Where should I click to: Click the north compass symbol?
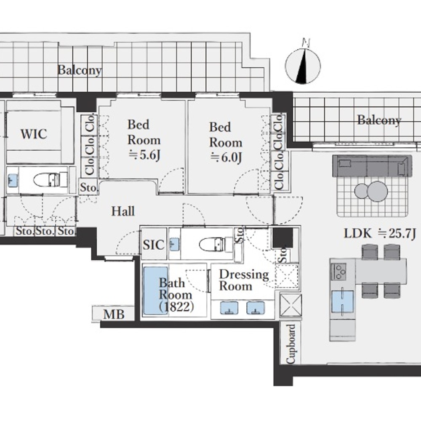pos(303,66)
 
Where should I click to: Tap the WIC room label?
pos(34,134)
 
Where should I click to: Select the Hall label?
pos(123,211)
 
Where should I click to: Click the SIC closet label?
pos(154,245)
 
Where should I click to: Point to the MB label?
pos(114,314)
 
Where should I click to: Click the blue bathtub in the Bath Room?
pos(156,290)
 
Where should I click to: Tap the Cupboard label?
pos(291,344)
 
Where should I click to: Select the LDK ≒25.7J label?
pos(380,234)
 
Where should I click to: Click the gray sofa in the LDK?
pos(372,165)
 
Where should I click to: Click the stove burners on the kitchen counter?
pos(339,272)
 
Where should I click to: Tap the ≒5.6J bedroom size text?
pos(144,155)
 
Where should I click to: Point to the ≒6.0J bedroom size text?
pos(226,157)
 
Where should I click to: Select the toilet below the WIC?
pos(51,179)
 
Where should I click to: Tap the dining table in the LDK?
pos(381,270)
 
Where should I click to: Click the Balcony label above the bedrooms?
pos(80,70)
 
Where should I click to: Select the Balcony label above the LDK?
pos(379,120)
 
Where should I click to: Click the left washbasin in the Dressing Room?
pos(229,308)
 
